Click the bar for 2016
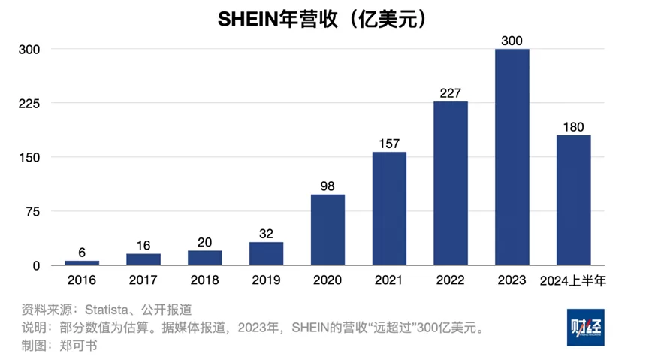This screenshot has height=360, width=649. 81,262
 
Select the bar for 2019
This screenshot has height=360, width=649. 266,253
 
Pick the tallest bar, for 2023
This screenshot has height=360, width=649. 512,157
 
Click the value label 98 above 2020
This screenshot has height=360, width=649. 328,185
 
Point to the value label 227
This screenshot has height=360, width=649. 451,92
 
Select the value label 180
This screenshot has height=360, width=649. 573,126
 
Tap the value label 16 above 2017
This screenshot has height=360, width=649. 143,244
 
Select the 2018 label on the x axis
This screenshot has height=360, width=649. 204,282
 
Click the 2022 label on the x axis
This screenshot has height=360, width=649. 451,282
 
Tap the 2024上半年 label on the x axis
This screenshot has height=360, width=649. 573,282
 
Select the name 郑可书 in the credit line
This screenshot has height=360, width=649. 77,346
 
